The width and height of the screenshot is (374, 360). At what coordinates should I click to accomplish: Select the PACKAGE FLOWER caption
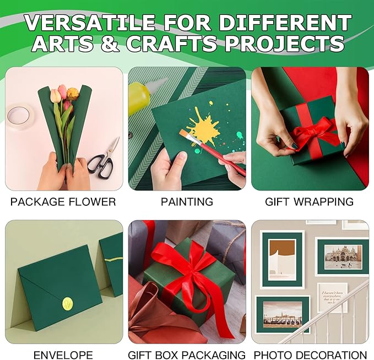63,202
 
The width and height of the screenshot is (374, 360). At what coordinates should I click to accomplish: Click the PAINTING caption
187,202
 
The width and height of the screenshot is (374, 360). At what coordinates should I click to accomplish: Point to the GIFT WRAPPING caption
309,202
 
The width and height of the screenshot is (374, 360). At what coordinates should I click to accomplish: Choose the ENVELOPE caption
63,355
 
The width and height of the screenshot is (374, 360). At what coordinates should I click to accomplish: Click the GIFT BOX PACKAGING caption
187,355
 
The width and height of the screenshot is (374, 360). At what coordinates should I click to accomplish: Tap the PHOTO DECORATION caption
309,355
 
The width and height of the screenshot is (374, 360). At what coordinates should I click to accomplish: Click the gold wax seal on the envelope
68,302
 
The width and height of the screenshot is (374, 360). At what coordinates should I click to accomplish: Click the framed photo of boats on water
283,314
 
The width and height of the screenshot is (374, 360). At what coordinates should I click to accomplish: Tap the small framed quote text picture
332,298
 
